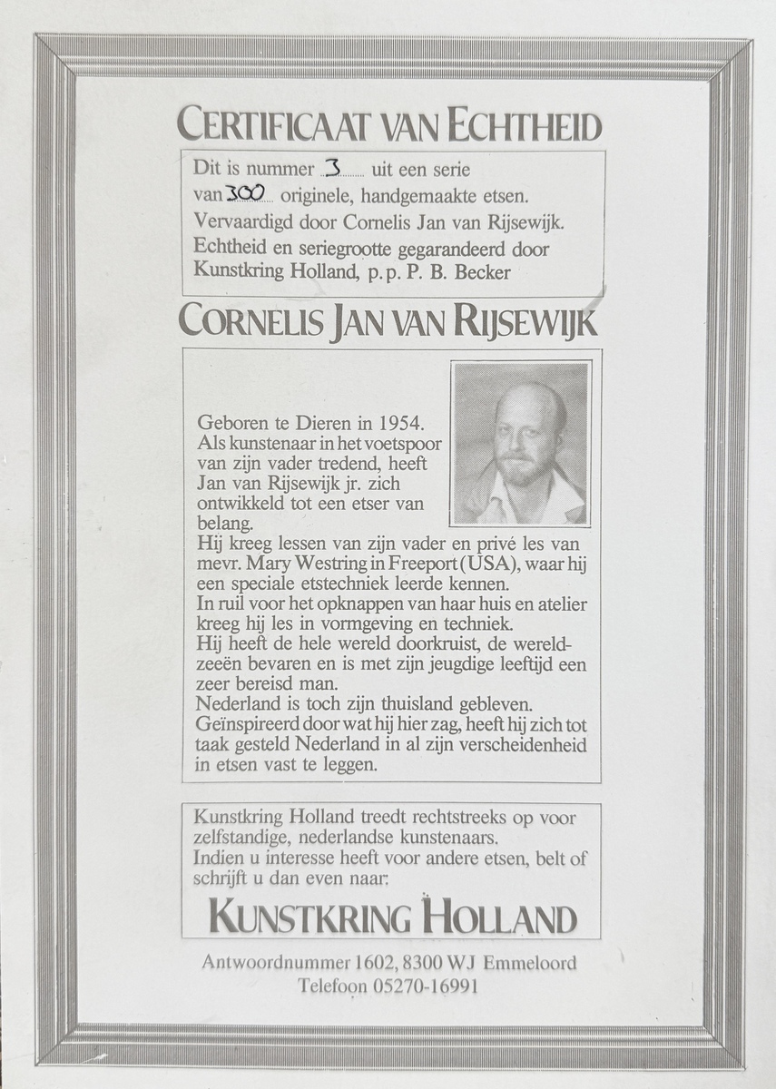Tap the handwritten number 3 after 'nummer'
pos(332,169)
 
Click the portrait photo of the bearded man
pos(521,444)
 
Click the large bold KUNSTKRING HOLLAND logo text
pos(392,917)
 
